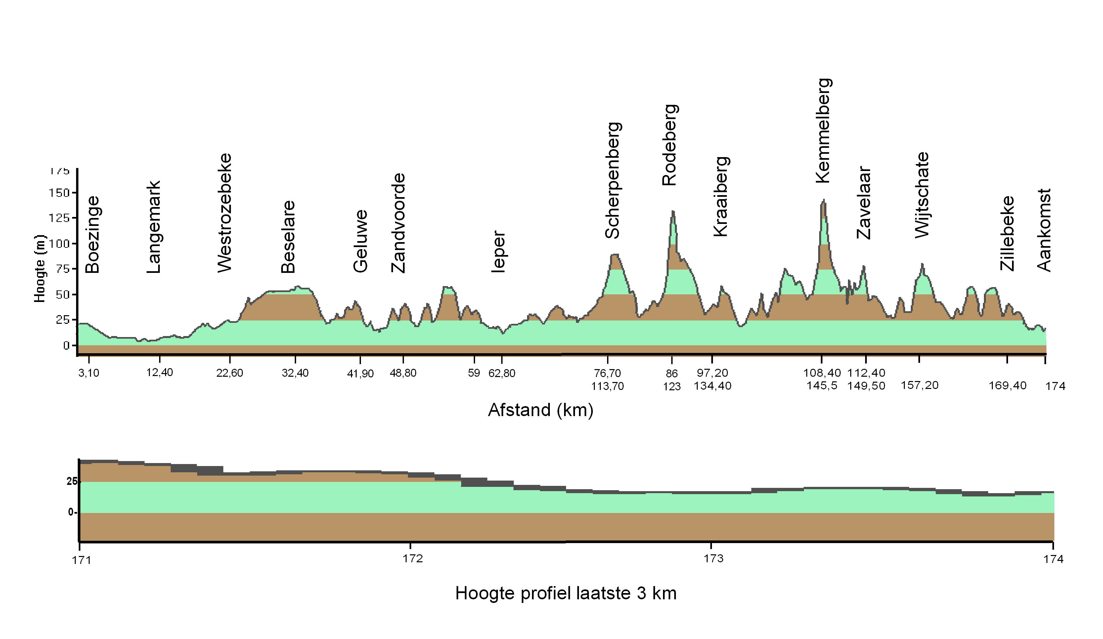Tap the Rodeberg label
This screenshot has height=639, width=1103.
coord(670,145)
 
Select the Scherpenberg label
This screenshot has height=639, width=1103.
coord(612,180)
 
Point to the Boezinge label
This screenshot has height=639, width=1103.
coord(92,234)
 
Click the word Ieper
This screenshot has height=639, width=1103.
coord(499,252)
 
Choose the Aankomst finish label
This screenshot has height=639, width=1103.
coord(1044,230)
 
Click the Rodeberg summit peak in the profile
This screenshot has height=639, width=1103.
coord(673,212)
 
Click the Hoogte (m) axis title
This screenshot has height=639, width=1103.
coord(40,268)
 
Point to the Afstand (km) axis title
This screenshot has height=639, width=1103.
coord(541,410)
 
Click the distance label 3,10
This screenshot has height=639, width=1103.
coord(89,373)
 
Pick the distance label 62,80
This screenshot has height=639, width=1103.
coord(502,373)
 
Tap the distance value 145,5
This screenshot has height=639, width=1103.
coord(821,386)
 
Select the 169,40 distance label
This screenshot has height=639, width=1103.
coord(1007,386)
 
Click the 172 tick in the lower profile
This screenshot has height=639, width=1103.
coord(413,559)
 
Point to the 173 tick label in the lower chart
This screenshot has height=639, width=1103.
coord(713,559)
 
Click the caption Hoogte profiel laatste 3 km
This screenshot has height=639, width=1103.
coord(565,593)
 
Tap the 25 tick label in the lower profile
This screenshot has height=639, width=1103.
coord(72,482)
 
